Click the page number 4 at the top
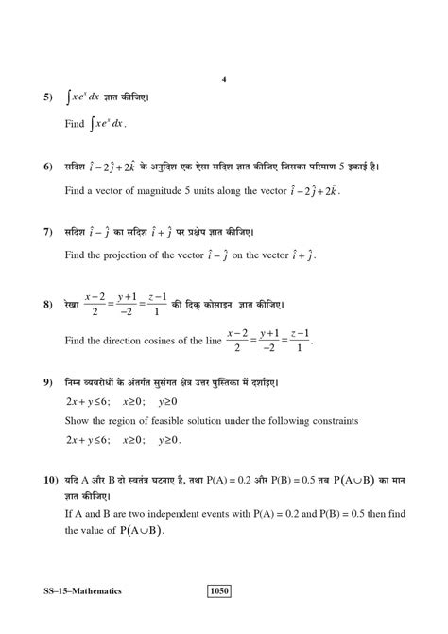click(x=224, y=80)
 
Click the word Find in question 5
click(x=76, y=123)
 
